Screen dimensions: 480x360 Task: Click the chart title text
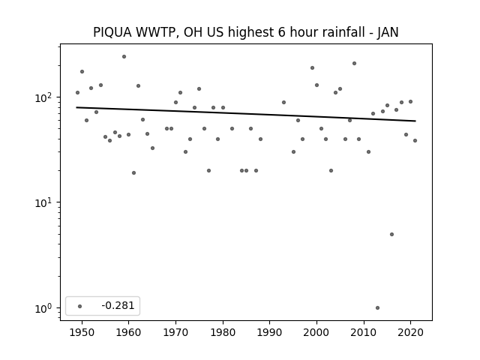pyautogui.click(x=245, y=32)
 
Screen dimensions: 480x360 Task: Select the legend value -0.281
pyautogui.click(x=118, y=305)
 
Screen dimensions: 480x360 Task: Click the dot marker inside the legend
pyautogui.click(x=80, y=306)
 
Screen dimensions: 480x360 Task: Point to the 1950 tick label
pyautogui.click(x=82, y=332)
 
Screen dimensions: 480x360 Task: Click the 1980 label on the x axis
pyautogui.click(x=223, y=332)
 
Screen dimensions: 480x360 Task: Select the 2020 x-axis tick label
pyautogui.click(x=410, y=332)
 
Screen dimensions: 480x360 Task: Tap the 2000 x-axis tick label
pyautogui.click(x=316, y=332)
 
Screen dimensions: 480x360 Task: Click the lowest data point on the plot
pyautogui.click(x=377, y=308)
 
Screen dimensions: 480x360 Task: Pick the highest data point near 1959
pyautogui.click(x=124, y=57)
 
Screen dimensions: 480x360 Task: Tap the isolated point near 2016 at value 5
pyautogui.click(x=391, y=235)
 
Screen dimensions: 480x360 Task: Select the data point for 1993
pyautogui.click(x=283, y=103)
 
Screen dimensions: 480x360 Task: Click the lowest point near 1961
pyautogui.click(x=133, y=173)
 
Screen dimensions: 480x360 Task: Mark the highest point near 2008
pyautogui.click(x=354, y=63)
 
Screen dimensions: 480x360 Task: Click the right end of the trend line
pyautogui.click(x=415, y=121)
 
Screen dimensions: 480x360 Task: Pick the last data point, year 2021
pyautogui.click(x=415, y=141)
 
